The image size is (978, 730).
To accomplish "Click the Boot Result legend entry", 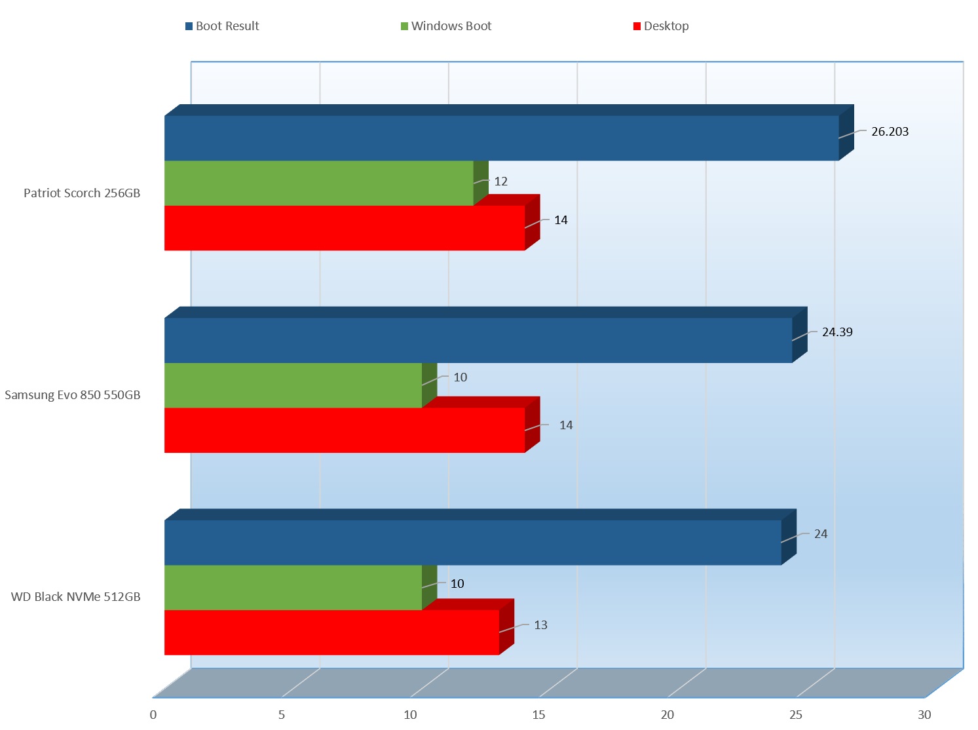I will coord(223,26).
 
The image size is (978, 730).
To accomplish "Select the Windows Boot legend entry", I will coord(446,26).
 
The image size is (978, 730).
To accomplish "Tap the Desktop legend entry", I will coord(661,26).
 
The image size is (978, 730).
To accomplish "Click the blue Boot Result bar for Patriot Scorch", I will coord(501,138).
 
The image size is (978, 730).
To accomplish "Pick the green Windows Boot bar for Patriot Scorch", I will coord(318,183).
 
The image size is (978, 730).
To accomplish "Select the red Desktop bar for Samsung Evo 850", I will coord(345,430).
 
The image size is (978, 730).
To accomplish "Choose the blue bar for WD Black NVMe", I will coord(472,543).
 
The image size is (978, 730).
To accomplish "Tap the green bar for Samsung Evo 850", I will coord(293,385).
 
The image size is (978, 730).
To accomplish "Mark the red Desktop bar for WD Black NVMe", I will coord(331,632).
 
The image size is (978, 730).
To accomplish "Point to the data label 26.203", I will coord(890,132).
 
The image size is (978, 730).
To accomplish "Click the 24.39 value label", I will coord(837,332).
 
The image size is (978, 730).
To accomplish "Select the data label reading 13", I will coord(540,625).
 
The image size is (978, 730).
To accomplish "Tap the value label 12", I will coord(501,182).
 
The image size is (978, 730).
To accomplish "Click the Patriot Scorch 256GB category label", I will coord(82,193).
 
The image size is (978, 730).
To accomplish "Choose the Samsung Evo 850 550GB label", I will coord(73,395).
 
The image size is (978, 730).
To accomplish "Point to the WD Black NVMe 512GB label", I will coord(76,597).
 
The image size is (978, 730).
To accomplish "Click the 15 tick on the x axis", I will coord(538,715).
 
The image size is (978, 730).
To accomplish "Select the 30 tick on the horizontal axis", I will coord(924,715).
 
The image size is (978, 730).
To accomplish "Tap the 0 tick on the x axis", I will coord(153,715).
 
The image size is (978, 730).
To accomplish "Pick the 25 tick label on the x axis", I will coord(795,715).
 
